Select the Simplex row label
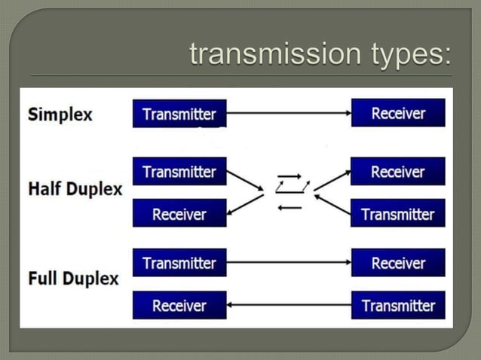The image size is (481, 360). (x=60, y=114)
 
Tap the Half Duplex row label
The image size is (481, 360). (x=75, y=188)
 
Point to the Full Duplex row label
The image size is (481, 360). (x=73, y=278)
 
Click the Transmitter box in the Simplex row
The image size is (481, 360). (x=179, y=114)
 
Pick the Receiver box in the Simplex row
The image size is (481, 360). (x=398, y=113)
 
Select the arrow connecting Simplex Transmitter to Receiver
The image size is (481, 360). (x=289, y=113)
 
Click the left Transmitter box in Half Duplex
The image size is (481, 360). (x=179, y=172)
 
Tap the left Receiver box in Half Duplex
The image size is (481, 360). (x=179, y=214)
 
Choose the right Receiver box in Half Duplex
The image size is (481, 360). (x=398, y=172)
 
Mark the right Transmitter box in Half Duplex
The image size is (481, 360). (x=398, y=214)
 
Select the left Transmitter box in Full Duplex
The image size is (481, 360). (x=179, y=263)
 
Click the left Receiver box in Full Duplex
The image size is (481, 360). (x=179, y=305)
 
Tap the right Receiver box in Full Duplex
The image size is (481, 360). (x=398, y=263)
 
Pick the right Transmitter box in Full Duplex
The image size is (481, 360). (x=398, y=305)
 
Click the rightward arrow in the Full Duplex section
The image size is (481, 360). (x=289, y=263)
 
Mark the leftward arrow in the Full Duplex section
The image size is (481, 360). (x=289, y=305)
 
